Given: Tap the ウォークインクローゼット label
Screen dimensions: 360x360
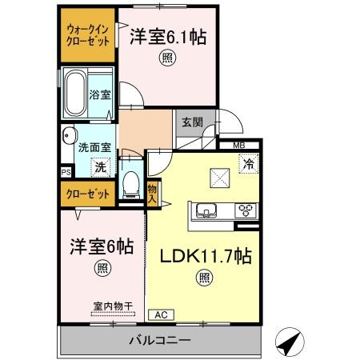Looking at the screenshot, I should pyautogui.click(x=87, y=35).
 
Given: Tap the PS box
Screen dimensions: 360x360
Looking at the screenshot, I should pyautogui.click(x=66, y=170).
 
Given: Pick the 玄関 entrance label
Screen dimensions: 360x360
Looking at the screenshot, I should pyautogui.click(x=192, y=122).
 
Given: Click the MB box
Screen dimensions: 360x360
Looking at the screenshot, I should pyautogui.click(x=239, y=144).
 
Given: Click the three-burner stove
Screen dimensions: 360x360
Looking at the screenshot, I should pyautogui.click(x=245, y=211).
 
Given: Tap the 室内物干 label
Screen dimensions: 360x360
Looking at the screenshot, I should pyautogui.click(x=109, y=305).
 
